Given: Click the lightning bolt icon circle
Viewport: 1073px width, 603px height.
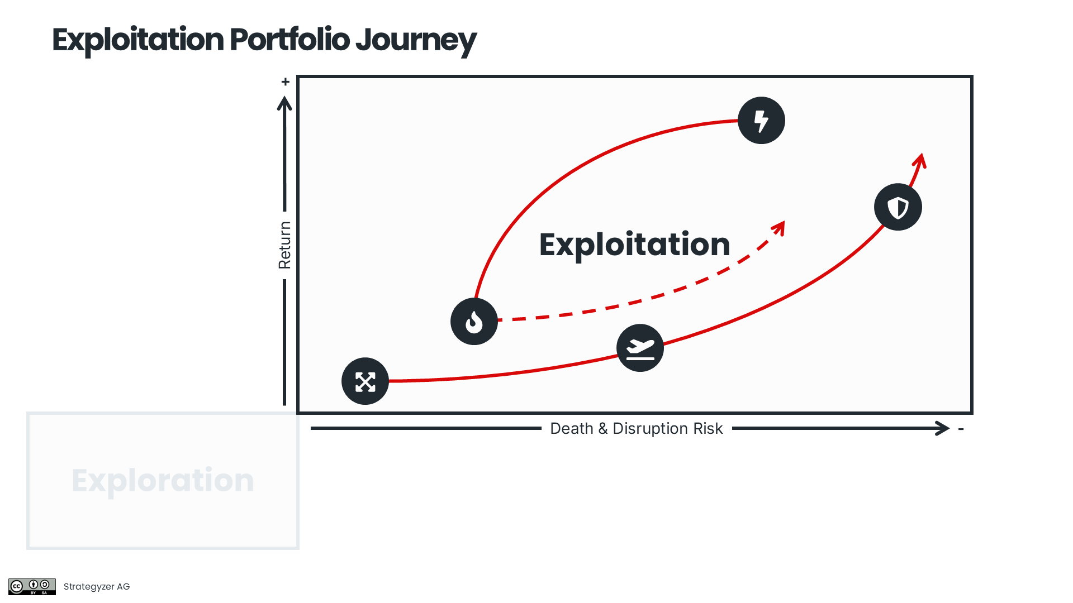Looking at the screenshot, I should click(x=761, y=121).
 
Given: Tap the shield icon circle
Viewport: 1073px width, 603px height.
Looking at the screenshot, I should click(x=898, y=207).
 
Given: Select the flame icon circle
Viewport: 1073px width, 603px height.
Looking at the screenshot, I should click(x=474, y=322).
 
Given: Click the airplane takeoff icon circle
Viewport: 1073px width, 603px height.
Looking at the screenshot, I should click(x=640, y=348).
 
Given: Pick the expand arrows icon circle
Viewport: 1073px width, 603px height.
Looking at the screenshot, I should click(x=365, y=381).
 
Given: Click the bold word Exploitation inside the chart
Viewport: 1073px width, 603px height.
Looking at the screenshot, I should click(x=634, y=245).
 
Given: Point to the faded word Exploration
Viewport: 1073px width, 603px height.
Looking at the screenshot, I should click(x=163, y=480).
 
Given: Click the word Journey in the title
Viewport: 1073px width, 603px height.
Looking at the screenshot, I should click(x=416, y=40).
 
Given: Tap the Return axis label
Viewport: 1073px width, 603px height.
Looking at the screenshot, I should click(x=284, y=245).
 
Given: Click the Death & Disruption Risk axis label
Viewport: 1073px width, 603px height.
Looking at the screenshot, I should click(x=636, y=429).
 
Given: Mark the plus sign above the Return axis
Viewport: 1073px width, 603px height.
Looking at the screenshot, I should click(x=286, y=82).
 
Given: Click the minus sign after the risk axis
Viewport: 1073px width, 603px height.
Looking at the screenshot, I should click(x=961, y=429).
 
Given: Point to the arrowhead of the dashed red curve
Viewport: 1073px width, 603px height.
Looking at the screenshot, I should click(x=780, y=227).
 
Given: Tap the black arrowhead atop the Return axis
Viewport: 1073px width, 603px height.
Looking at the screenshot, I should click(x=284, y=103).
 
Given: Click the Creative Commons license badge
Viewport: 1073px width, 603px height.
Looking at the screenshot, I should click(x=32, y=586).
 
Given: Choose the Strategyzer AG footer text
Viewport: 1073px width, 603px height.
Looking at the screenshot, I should click(x=97, y=586).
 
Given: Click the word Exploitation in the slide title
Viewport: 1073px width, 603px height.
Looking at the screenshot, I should click(x=138, y=40).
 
